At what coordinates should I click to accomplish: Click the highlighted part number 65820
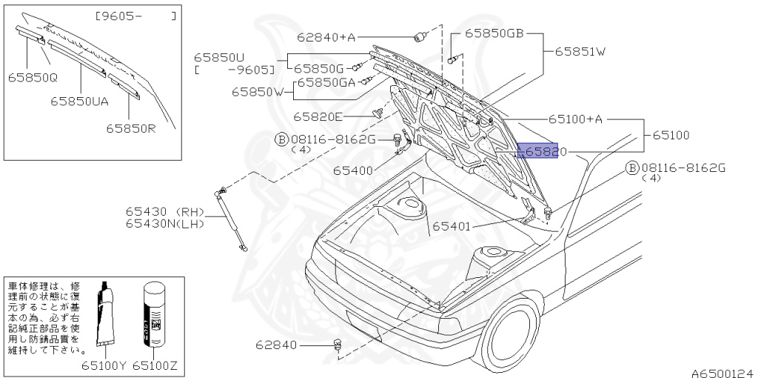coord(543,152)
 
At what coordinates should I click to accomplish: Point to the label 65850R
coord(130,127)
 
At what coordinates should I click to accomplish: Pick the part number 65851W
coord(576,51)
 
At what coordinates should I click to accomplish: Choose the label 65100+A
coord(576,119)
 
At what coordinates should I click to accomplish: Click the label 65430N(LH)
coord(164,223)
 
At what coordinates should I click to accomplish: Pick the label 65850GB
coord(494,34)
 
